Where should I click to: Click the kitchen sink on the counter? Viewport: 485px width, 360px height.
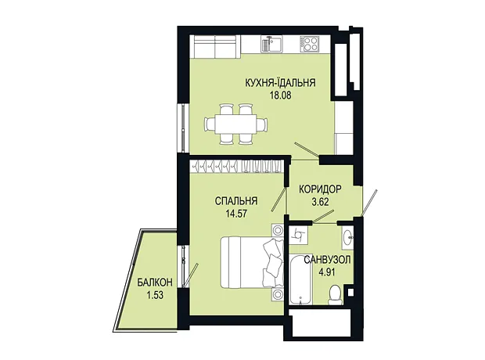pyautogui.click(x=271, y=44)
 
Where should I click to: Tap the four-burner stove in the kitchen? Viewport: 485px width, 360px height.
pyautogui.click(x=309, y=44)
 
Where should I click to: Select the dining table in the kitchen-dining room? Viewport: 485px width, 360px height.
pyautogui.click(x=235, y=124)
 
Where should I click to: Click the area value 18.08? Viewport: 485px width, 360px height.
pyautogui.click(x=281, y=95)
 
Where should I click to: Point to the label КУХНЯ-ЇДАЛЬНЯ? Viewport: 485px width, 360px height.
pyautogui.click(x=280, y=83)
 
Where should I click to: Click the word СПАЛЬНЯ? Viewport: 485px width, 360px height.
pyautogui.click(x=236, y=201)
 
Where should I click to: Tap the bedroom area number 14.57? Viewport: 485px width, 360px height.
pyautogui.click(x=236, y=214)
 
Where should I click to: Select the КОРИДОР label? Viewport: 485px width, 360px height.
pyautogui.click(x=320, y=189)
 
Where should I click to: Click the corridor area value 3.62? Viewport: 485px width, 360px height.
pyautogui.click(x=320, y=202)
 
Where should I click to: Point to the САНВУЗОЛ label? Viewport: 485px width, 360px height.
pyautogui.click(x=327, y=260)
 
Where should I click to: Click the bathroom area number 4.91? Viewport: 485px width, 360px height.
pyautogui.click(x=327, y=272)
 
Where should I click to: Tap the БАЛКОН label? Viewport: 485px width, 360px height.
pyautogui.click(x=155, y=282)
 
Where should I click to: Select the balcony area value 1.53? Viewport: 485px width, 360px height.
pyautogui.click(x=155, y=295)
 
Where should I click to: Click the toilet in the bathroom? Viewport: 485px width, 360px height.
pyautogui.click(x=336, y=295)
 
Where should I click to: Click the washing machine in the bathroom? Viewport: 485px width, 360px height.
pyautogui.click(x=299, y=236)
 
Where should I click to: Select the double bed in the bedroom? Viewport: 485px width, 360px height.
pyautogui.click(x=252, y=262)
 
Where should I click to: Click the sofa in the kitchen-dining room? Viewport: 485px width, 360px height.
pyautogui.click(x=215, y=46)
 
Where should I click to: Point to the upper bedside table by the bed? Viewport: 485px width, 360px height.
pyautogui.click(x=278, y=230)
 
